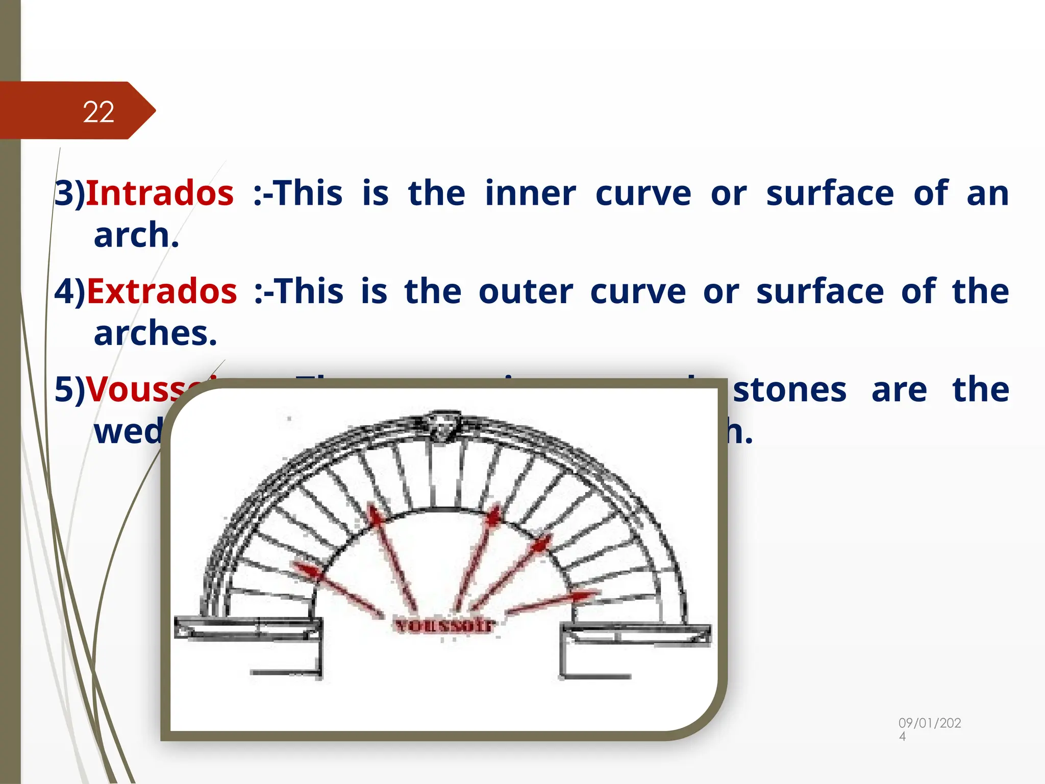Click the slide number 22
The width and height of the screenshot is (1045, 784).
click(x=98, y=112)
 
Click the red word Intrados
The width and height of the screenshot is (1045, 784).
click(x=160, y=193)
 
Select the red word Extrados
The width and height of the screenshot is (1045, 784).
click(x=162, y=291)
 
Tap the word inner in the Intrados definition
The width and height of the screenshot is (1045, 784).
click(x=530, y=193)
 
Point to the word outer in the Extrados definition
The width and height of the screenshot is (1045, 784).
click(x=526, y=291)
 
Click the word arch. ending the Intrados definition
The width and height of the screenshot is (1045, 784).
click(x=136, y=235)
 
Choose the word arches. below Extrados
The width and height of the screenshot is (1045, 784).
click(x=156, y=333)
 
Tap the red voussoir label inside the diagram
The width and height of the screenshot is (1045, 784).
click(x=444, y=625)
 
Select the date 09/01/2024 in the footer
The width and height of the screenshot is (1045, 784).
click(x=929, y=729)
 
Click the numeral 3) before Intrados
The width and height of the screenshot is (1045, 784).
click(x=70, y=193)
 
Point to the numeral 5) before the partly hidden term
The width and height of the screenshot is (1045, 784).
click(x=70, y=389)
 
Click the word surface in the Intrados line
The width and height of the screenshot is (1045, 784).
click(x=830, y=193)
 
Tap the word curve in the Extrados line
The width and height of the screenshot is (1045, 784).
click(x=638, y=291)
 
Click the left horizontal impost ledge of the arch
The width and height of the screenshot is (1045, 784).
click(x=248, y=627)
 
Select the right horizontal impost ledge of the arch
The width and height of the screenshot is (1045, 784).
click(x=635, y=633)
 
